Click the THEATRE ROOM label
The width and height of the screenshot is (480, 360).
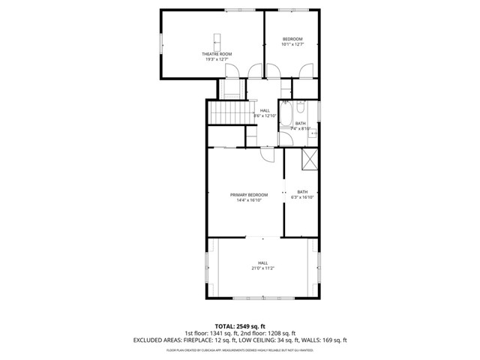pos(217,54)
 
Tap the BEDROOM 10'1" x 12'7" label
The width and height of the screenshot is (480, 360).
pos(292,39)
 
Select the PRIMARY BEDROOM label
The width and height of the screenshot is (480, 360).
pos(245,195)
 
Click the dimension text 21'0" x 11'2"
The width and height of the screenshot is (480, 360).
pos(262,268)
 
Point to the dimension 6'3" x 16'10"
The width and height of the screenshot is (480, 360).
pos(302,197)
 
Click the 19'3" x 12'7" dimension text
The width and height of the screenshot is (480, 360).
pos(217,60)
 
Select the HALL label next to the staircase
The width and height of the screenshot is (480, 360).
pos(265,110)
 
